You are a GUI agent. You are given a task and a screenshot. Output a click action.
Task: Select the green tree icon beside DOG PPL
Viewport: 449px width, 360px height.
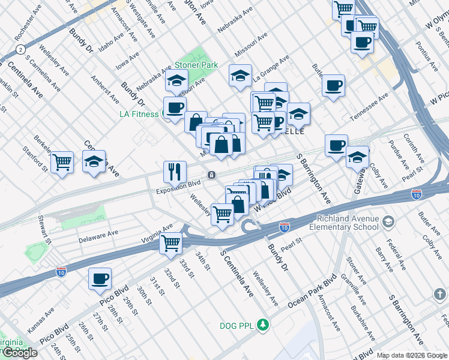[x=262, y=325]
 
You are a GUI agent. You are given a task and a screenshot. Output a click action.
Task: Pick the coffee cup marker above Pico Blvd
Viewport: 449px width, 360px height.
[x=100, y=278]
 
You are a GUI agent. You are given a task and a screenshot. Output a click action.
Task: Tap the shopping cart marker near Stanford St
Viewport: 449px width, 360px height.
[x=62, y=161]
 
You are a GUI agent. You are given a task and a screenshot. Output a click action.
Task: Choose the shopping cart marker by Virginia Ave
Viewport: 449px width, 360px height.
[x=171, y=243]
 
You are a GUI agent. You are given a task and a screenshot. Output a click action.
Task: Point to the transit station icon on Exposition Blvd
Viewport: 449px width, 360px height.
[x=212, y=175]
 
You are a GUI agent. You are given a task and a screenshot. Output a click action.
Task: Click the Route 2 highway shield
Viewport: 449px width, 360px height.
[x=21, y=49]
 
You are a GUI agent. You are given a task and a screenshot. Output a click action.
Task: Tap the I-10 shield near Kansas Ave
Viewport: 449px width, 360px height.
[x=61, y=271]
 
